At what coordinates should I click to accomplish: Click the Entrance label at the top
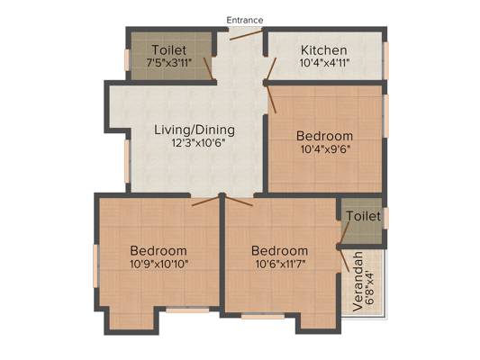tap(245, 20)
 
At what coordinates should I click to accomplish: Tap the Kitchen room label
tap(324, 50)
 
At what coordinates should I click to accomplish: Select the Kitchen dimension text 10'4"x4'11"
tap(324, 63)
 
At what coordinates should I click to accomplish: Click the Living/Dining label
tap(195, 130)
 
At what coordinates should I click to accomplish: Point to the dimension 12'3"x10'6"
tap(198, 143)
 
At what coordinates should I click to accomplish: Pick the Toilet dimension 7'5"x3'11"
tap(169, 63)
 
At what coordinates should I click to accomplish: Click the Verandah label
tap(358, 282)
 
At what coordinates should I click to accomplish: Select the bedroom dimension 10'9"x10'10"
tap(158, 264)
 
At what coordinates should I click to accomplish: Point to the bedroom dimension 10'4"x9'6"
tap(325, 149)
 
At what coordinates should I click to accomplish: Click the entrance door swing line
tap(246, 34)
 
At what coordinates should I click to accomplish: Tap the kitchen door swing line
tap(271, 68)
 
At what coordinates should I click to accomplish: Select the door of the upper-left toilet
tap(208, 68)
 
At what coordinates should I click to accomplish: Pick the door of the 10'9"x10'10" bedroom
tap(206, 201)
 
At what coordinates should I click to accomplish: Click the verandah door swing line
tap(343, 259)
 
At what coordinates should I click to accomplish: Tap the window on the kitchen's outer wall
tap(386, 60)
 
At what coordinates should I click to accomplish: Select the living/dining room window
tap(127, 161)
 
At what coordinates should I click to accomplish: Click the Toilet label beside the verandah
tap(364, 216)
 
